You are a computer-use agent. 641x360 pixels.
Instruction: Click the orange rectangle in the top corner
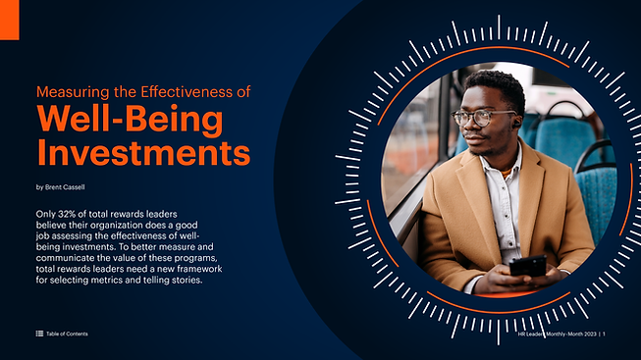[10, 20]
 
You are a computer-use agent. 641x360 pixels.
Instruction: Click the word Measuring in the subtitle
[73, 92]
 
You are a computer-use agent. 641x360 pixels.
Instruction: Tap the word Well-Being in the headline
[130, 119]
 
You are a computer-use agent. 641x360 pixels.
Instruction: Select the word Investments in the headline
[143, 152]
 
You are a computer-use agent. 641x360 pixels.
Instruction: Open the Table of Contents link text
[67, 334]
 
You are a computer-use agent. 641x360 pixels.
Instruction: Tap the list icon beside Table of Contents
[39, 334]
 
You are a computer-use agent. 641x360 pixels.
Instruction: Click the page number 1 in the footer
[604, 334]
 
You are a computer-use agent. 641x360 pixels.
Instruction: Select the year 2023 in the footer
[590, 334]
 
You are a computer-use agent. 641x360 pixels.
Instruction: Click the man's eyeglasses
[482, 118]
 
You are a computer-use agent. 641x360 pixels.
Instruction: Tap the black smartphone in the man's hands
[528, 266]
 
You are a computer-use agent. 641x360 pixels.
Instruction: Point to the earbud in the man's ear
[516, 123]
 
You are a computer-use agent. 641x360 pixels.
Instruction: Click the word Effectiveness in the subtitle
[187, 92]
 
